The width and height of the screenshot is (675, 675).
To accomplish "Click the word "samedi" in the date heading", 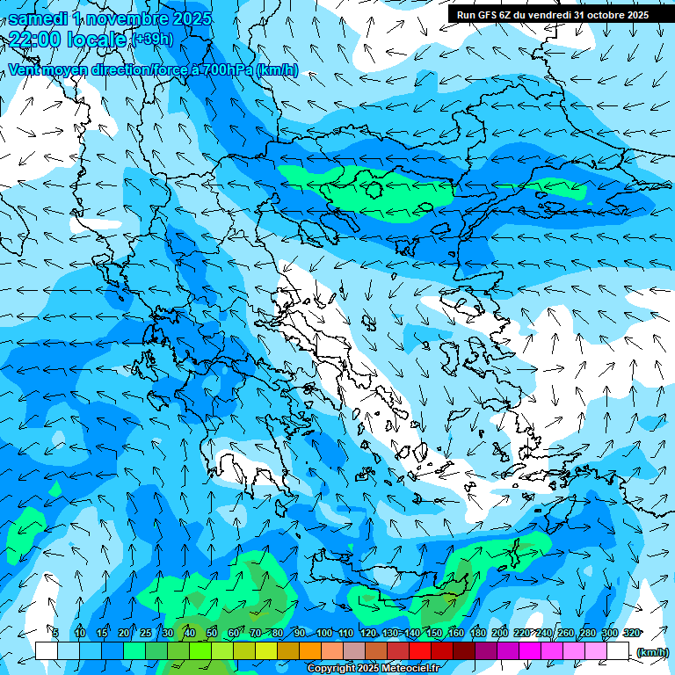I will point(39,18).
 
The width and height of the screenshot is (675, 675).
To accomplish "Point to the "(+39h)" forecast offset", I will point(153,39).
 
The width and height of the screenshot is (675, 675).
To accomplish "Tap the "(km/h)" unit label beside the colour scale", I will point(651,651).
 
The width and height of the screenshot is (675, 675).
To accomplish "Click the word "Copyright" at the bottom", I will point(331,669).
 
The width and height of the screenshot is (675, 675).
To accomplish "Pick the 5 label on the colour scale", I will point(55,633).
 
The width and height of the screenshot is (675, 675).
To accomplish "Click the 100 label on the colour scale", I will point(324,633).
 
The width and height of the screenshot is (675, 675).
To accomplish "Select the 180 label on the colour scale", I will point(477,633).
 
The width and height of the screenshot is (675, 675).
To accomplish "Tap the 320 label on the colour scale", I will point(631,633).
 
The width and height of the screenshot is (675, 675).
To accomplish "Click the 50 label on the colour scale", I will point(211,633).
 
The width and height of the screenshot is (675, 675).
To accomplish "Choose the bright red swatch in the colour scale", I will point(420,650).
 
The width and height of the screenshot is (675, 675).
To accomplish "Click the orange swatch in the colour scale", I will point(310,650).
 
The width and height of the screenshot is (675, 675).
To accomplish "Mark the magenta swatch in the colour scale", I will point(530,650).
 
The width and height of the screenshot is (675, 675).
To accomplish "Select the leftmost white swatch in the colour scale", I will point(47,650).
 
